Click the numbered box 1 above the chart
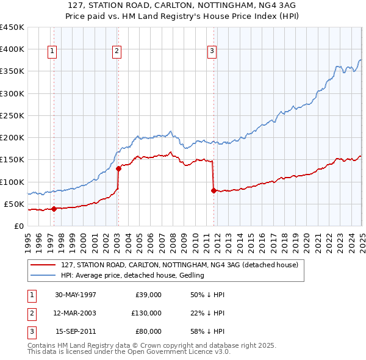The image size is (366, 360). click(x=52, y=52)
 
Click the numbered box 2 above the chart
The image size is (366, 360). click(x=117, y=52)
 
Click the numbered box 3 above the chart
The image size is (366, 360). click(x=212, y=52)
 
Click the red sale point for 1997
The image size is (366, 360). click(x=54, y=209)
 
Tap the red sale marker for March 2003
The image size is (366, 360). click(x=118, y=168)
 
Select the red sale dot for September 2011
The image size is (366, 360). click(x=213, y=190)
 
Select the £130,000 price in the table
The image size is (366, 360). click(x=146, y=313)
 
